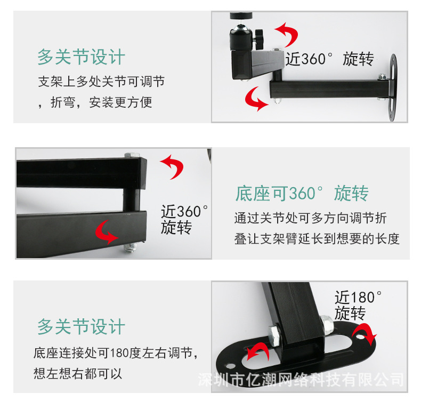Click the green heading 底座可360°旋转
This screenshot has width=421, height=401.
click(x=302, y=193)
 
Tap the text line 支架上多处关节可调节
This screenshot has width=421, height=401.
click(x=101, y=82)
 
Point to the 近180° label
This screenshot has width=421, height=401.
click(x=358, y=297)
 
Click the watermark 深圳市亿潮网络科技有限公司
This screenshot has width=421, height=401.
click(x=301, y=380)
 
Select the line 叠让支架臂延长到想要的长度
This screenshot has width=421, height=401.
click(x=317, y=238)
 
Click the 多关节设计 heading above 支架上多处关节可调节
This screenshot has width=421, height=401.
click(x=81, y=57)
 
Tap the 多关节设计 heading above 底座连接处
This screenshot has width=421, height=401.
click(x=81, y=326)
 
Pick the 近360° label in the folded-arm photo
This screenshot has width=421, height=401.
click(x=184, y=211)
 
